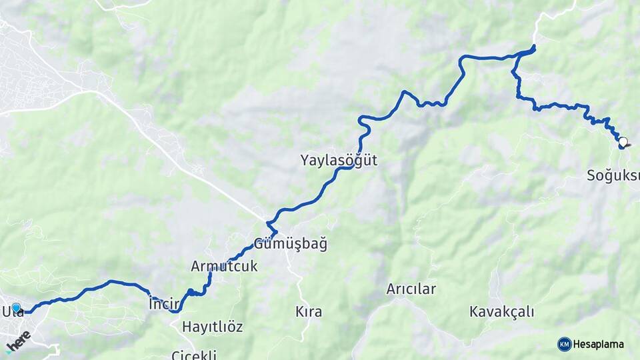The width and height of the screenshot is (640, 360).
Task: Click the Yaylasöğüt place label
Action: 339,160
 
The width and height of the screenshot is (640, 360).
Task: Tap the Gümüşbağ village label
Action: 291,244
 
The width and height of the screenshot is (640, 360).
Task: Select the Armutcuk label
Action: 224,266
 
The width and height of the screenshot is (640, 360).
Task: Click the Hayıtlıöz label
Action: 212,327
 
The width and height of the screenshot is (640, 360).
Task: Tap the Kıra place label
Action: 309,311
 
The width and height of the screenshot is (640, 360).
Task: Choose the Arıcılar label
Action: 411,289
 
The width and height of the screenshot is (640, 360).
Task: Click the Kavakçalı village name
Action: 501,311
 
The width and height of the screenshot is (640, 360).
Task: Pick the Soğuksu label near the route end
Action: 613,176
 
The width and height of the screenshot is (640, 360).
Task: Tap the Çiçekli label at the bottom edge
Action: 194,355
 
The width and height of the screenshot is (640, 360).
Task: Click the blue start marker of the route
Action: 16,307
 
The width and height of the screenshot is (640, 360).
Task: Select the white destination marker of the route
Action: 623,141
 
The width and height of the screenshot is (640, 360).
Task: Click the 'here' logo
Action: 18,341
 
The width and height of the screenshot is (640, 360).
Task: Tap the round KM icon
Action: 564,344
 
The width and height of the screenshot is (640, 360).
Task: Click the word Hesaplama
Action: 599,344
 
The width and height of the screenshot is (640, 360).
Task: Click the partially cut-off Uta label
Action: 12,311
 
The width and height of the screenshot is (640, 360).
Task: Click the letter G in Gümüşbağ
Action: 259,244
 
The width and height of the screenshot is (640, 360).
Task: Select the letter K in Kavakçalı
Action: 474,311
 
